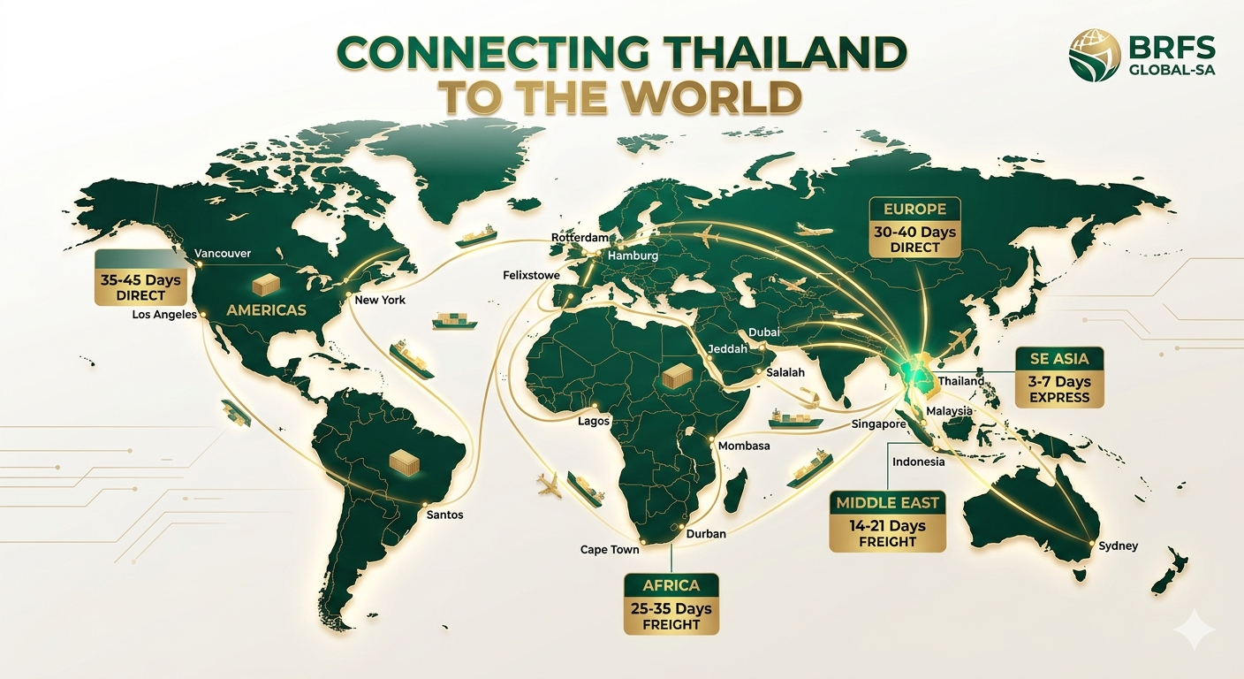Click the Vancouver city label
223,254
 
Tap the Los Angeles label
164,314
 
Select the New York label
380,300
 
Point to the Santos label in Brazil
444,515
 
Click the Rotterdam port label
580,238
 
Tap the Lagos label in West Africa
594,421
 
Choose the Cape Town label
610,550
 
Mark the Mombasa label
744,446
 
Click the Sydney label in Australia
1118,546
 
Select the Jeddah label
728,349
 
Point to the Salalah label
785,372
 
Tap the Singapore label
879,424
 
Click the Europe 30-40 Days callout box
914,227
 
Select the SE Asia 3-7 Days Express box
1059,378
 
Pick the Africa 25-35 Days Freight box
671,604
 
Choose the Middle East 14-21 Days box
888,522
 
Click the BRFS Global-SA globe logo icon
1095,54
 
